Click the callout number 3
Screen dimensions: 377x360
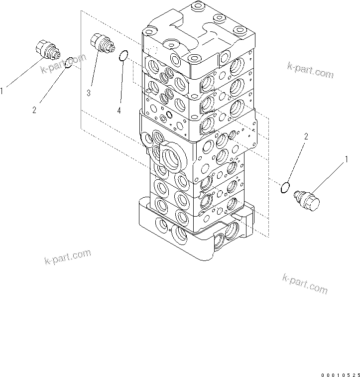coord(88,93)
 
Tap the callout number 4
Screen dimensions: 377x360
coord(119,111)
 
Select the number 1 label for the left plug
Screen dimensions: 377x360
coord(2,91)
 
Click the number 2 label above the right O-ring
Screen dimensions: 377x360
coord(306,136)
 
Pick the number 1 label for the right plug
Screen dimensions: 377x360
coord(346,159)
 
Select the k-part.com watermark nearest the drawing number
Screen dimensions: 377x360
coord(305,283)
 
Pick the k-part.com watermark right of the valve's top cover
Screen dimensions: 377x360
coord(310,70)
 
